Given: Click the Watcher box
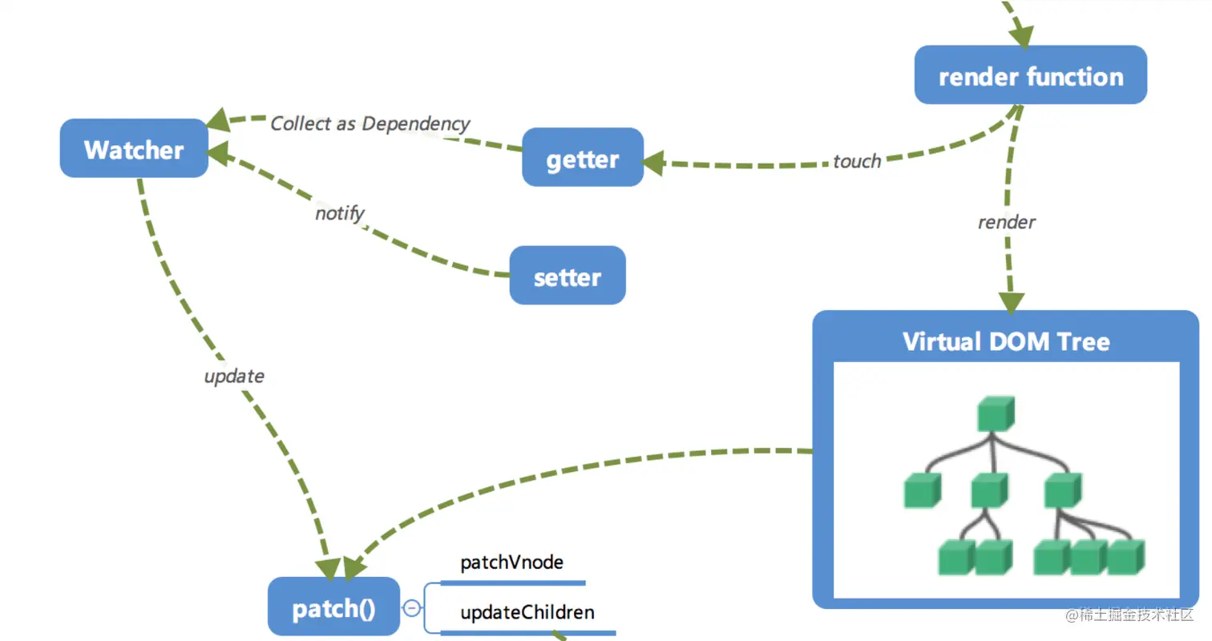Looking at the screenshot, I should pos(134,149).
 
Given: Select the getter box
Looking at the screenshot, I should pos(583,159).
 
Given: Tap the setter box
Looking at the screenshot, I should pos(568,276).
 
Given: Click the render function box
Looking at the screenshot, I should pos(1030,76).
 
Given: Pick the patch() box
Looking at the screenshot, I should pos(333,608).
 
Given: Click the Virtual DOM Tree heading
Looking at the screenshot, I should pos(1006,341).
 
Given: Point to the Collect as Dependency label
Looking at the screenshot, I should pos(370,123).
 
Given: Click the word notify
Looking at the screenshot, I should pos(339,213).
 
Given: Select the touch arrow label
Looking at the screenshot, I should pos(856,161).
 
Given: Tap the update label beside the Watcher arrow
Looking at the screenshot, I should pos(234,376).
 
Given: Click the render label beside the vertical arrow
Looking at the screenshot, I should pos(1007,222).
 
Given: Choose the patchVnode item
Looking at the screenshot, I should pos(511,562).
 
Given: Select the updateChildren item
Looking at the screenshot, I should pos(527,613).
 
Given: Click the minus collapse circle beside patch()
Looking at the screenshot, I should pos(412,608).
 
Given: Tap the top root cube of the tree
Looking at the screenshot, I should pos(996,415).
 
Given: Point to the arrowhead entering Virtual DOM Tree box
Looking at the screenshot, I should pos(1010,302).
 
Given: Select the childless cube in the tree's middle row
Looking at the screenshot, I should pos(921,490).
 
